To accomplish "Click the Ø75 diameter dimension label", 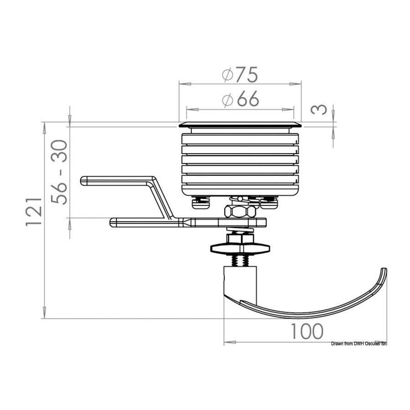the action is [x=240, y=75].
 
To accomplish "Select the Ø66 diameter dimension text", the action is [x=241, y=99].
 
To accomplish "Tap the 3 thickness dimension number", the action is [x=319, y=109].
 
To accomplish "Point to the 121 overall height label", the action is [x=34, y=212].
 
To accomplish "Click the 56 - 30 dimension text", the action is [x=59, y=172].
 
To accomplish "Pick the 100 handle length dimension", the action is [x=307, y=331].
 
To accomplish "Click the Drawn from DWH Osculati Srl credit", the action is [x=359, y=343].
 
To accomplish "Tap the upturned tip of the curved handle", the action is [x=384, y=270].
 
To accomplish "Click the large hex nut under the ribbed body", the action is [x=240, y=211].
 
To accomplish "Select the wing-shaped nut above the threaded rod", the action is [x=240, y=248].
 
